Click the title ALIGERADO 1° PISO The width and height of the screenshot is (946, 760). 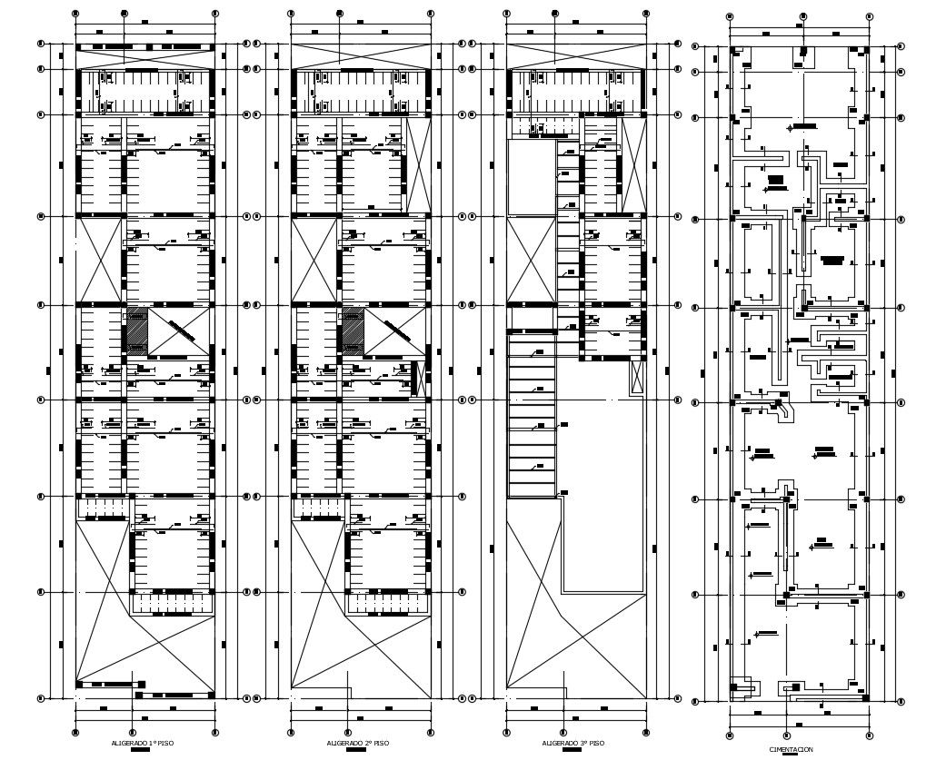[143, 743]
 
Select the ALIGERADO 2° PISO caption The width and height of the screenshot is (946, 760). [358, 743]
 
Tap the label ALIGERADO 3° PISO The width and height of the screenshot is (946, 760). [573, 743]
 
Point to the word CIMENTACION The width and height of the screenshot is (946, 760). [791, 749]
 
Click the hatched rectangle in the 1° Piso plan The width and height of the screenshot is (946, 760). [135, 331]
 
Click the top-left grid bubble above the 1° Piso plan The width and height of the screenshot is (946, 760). [75, 15]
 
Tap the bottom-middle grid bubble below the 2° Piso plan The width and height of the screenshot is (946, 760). [347, 732]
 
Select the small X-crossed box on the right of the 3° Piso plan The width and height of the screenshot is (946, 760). [637, 377]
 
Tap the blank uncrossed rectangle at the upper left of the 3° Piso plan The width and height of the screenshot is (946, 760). [530, 177]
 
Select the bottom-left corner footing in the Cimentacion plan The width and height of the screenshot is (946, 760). [743, 688]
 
